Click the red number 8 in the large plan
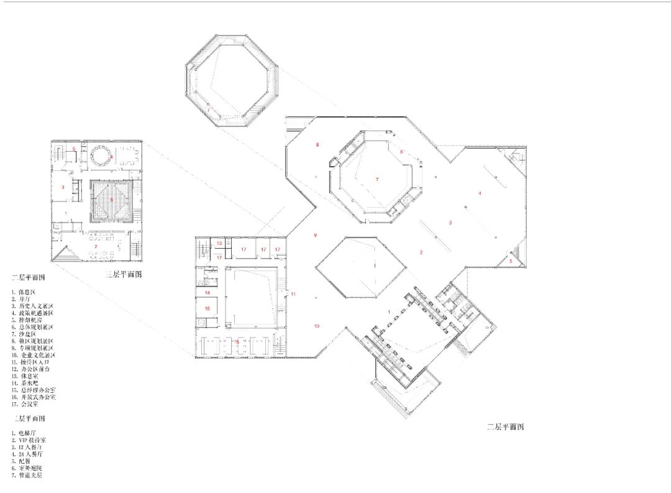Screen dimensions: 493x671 [x=317, y=145]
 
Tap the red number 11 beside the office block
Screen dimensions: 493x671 [x=294, y=293]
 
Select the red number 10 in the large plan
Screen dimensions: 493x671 [x=316, y=326]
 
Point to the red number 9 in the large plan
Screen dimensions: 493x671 [x=316, y=235]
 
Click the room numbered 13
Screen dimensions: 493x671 [x=219, y=242]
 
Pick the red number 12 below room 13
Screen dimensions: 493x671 [x=219, y=257]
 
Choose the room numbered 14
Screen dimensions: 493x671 [x=208, y=292]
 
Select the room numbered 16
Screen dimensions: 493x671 [x=208, y=308]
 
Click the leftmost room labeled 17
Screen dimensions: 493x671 [x=244, y=249]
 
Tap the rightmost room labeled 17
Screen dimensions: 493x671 [x=278, y=249]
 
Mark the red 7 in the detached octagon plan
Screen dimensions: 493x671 [x=209, y=111]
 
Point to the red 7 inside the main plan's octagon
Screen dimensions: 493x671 [x=377, y=179]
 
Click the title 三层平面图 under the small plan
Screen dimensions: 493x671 [x=122, y=275]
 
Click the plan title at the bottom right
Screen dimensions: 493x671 [x=505, y=427]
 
